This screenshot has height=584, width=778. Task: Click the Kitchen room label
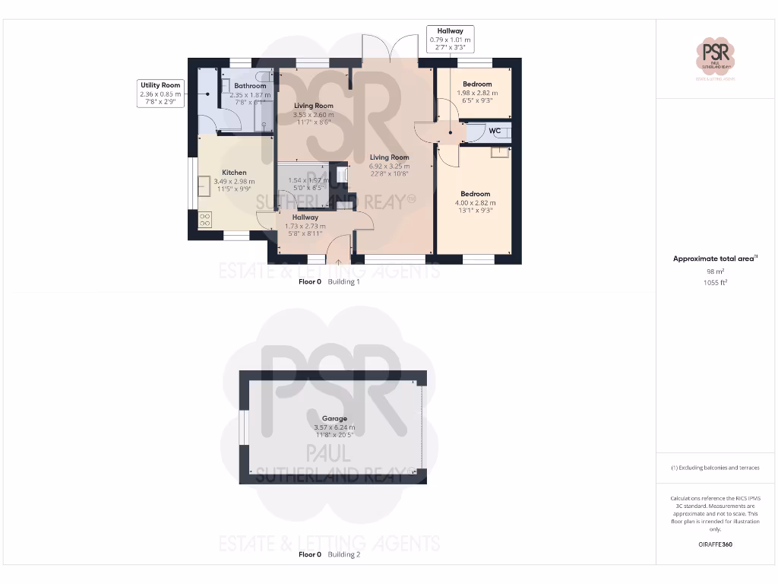pos(234,173)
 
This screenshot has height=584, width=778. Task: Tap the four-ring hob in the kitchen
pos(205,220)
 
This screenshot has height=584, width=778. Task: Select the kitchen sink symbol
pos(204,185)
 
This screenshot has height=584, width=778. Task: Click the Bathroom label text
pos(250,86)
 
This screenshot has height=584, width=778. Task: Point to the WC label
pos(495,131)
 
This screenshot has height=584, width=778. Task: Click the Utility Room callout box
pos(160,94)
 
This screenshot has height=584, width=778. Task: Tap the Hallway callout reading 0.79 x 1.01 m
pos(450,40)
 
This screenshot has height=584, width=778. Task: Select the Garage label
pos(334,418)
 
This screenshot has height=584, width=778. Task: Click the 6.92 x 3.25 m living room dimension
pos(389,166)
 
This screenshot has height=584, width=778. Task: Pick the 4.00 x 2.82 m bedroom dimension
pos(476,203)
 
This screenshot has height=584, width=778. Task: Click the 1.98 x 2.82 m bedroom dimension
pos(477,93)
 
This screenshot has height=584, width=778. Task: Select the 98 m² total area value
pos(715,271)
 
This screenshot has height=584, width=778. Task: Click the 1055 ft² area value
pos(715,282)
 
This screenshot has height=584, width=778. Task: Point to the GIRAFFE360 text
pos(715,544)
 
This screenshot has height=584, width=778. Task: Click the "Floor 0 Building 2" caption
pos(329,554)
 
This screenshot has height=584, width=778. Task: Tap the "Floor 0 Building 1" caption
pos(329,281)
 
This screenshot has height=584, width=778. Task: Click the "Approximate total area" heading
pos(715,259)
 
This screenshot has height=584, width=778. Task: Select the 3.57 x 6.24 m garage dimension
pos(334,427)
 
